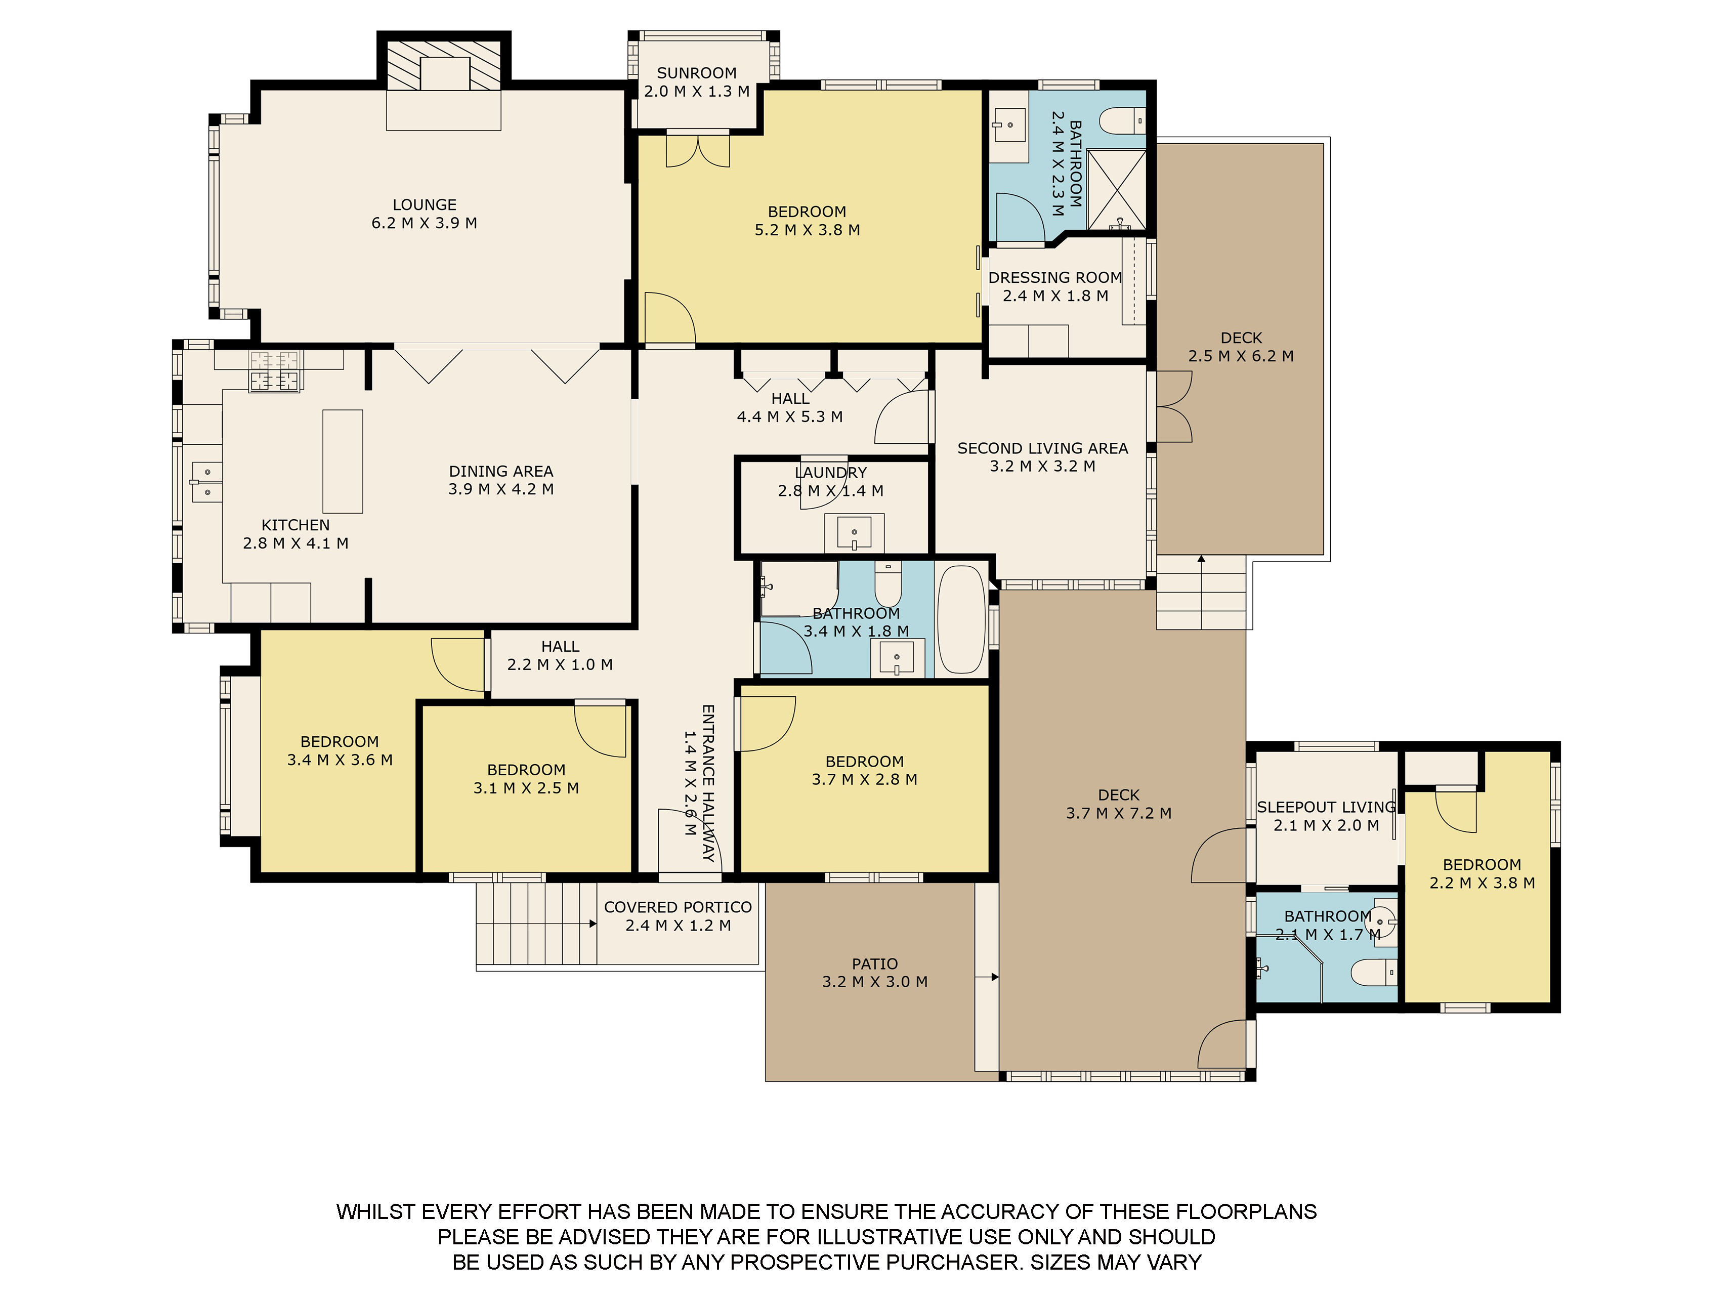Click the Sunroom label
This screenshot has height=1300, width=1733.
[697, 73]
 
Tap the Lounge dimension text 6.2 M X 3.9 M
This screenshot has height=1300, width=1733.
[424, 223]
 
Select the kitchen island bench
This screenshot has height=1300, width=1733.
[343, 461]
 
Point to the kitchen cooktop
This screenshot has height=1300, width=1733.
[274, 370]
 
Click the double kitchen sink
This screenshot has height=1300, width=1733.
[207, 481]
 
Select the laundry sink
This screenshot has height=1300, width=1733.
[854, 533]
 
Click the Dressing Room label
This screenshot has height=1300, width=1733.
[1055, 277]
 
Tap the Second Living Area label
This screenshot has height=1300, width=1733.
[1043, 448]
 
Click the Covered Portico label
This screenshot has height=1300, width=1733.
[678, 907]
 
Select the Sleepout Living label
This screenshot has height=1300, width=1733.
[1326, 807]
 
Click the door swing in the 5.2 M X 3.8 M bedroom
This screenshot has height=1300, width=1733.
[670, 317]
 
